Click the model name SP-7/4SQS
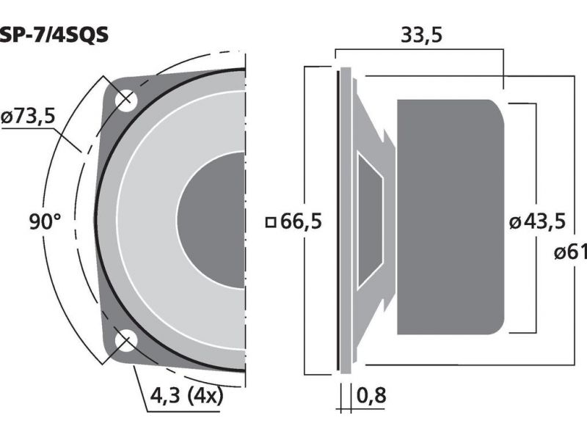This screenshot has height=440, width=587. [x=54, y=34]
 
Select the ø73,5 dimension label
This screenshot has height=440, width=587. [x=29, y=117]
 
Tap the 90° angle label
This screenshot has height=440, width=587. [x=45, y=221]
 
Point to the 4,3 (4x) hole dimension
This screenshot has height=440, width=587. [x=186, y=395]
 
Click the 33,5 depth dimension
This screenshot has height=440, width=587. [x=421, y=34]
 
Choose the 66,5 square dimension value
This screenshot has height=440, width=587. [x=301, y=221]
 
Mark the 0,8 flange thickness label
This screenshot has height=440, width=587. [x=371, y=395]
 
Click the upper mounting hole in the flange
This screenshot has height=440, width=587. [x=125, y=100]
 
